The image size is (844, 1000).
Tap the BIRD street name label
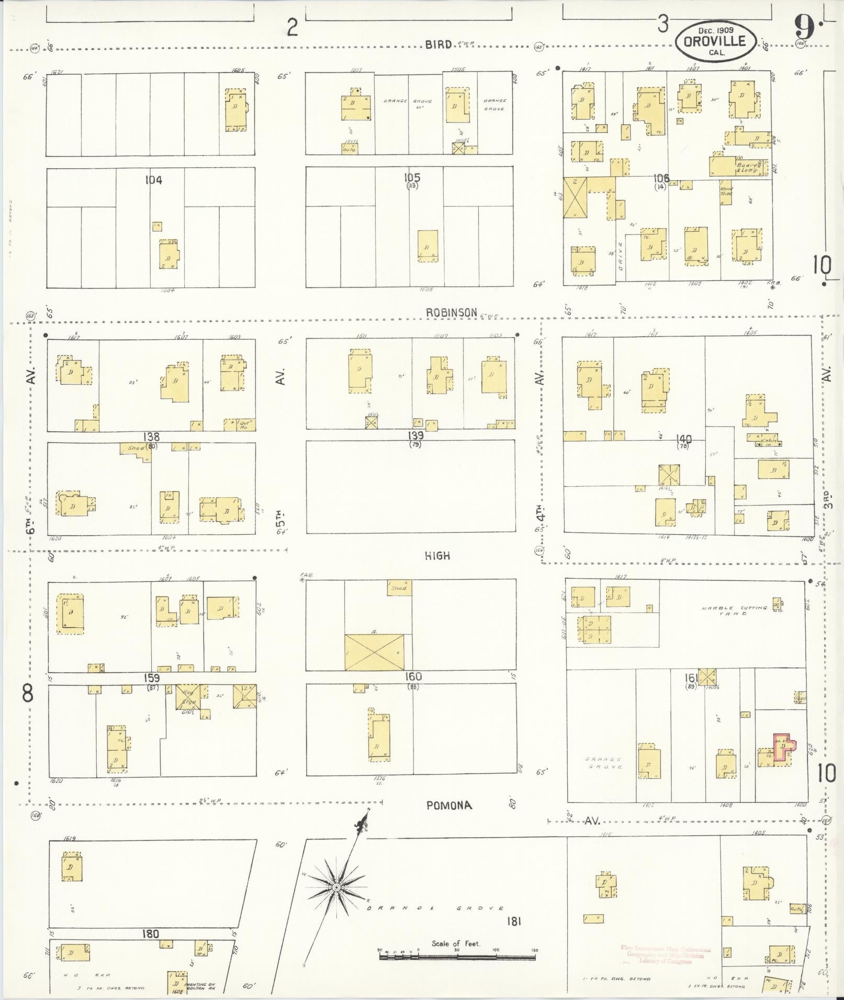pos(438,45)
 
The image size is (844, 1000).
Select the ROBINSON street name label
pos(451,313)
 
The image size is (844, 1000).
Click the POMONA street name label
pos(449,820)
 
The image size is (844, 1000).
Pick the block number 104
pos(153,180)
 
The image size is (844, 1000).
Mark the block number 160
pos(413,676)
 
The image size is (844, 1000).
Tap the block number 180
pos(151,934)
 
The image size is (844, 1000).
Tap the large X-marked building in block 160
pos(374,652)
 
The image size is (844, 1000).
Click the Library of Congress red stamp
pos(666,955)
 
